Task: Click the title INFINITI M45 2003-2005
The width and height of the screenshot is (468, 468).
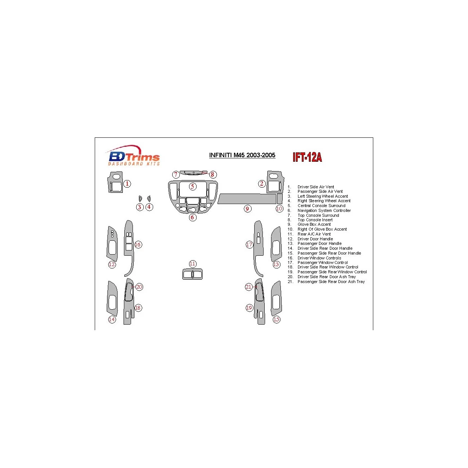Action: pos(242,155)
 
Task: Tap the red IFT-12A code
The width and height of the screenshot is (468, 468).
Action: pos(307,157)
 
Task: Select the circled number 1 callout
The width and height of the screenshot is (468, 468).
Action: pos(127,183)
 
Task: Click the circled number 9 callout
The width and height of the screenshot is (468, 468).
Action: pos(247,209)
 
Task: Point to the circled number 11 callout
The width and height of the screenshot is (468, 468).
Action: pos(192,264)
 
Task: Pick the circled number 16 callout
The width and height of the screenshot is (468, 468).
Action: pos(138,244)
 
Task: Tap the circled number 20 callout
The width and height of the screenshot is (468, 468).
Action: pos(139,287)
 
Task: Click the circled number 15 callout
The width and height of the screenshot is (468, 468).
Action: pos(276,319)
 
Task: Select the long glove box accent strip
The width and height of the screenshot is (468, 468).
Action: pos(247,199)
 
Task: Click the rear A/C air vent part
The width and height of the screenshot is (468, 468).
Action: pos(192,274)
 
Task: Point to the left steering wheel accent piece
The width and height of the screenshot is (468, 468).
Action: pos(140,198)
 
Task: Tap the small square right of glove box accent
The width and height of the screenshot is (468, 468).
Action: pos(279,198)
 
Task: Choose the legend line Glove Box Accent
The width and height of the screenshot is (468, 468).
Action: pos(314,224)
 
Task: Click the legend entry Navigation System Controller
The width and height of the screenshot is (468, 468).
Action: pos(324,210)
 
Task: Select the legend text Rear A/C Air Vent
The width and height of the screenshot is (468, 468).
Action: pos(314,234)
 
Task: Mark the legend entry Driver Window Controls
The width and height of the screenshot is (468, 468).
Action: pos(319,258)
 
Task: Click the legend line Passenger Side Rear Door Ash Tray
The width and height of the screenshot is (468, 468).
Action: pos(331,282)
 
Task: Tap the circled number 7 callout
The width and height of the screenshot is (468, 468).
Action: pos(176,174)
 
